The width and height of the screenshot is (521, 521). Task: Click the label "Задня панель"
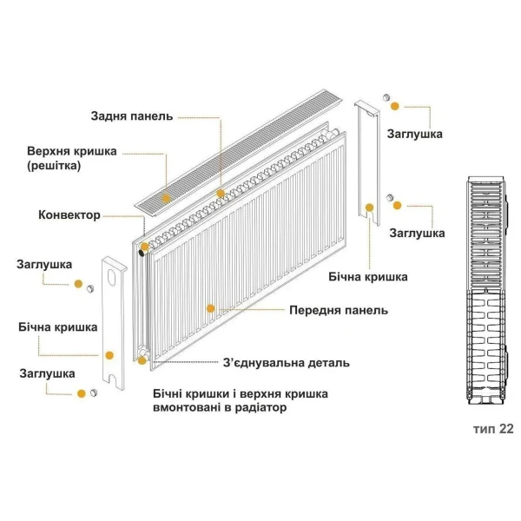tap(132, 116)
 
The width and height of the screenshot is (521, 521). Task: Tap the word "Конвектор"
tap(69, 214)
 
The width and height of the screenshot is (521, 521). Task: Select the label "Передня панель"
tap(339, 310)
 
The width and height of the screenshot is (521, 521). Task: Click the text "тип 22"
tap(493, 429)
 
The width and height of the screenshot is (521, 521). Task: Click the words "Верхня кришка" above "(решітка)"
tap(71, 150)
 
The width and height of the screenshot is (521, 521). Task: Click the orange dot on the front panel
tap(210, 307)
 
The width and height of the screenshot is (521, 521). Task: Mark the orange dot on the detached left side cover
tap(109, 354)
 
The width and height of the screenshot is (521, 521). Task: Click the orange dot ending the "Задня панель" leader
tap(221, 193)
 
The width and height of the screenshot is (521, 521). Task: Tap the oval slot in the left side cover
tap(113, 280)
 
